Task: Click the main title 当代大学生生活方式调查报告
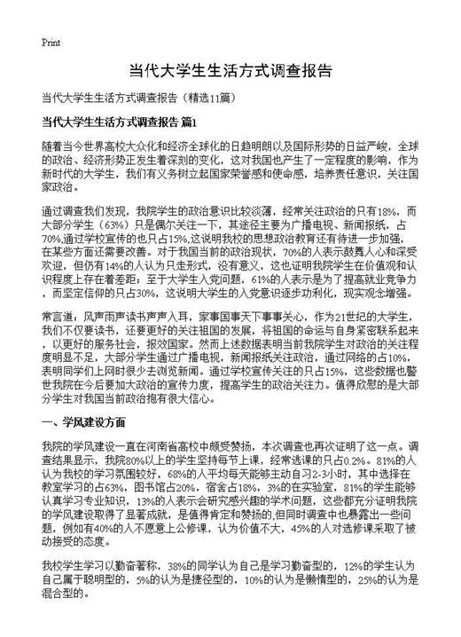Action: [x=230, y=71]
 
